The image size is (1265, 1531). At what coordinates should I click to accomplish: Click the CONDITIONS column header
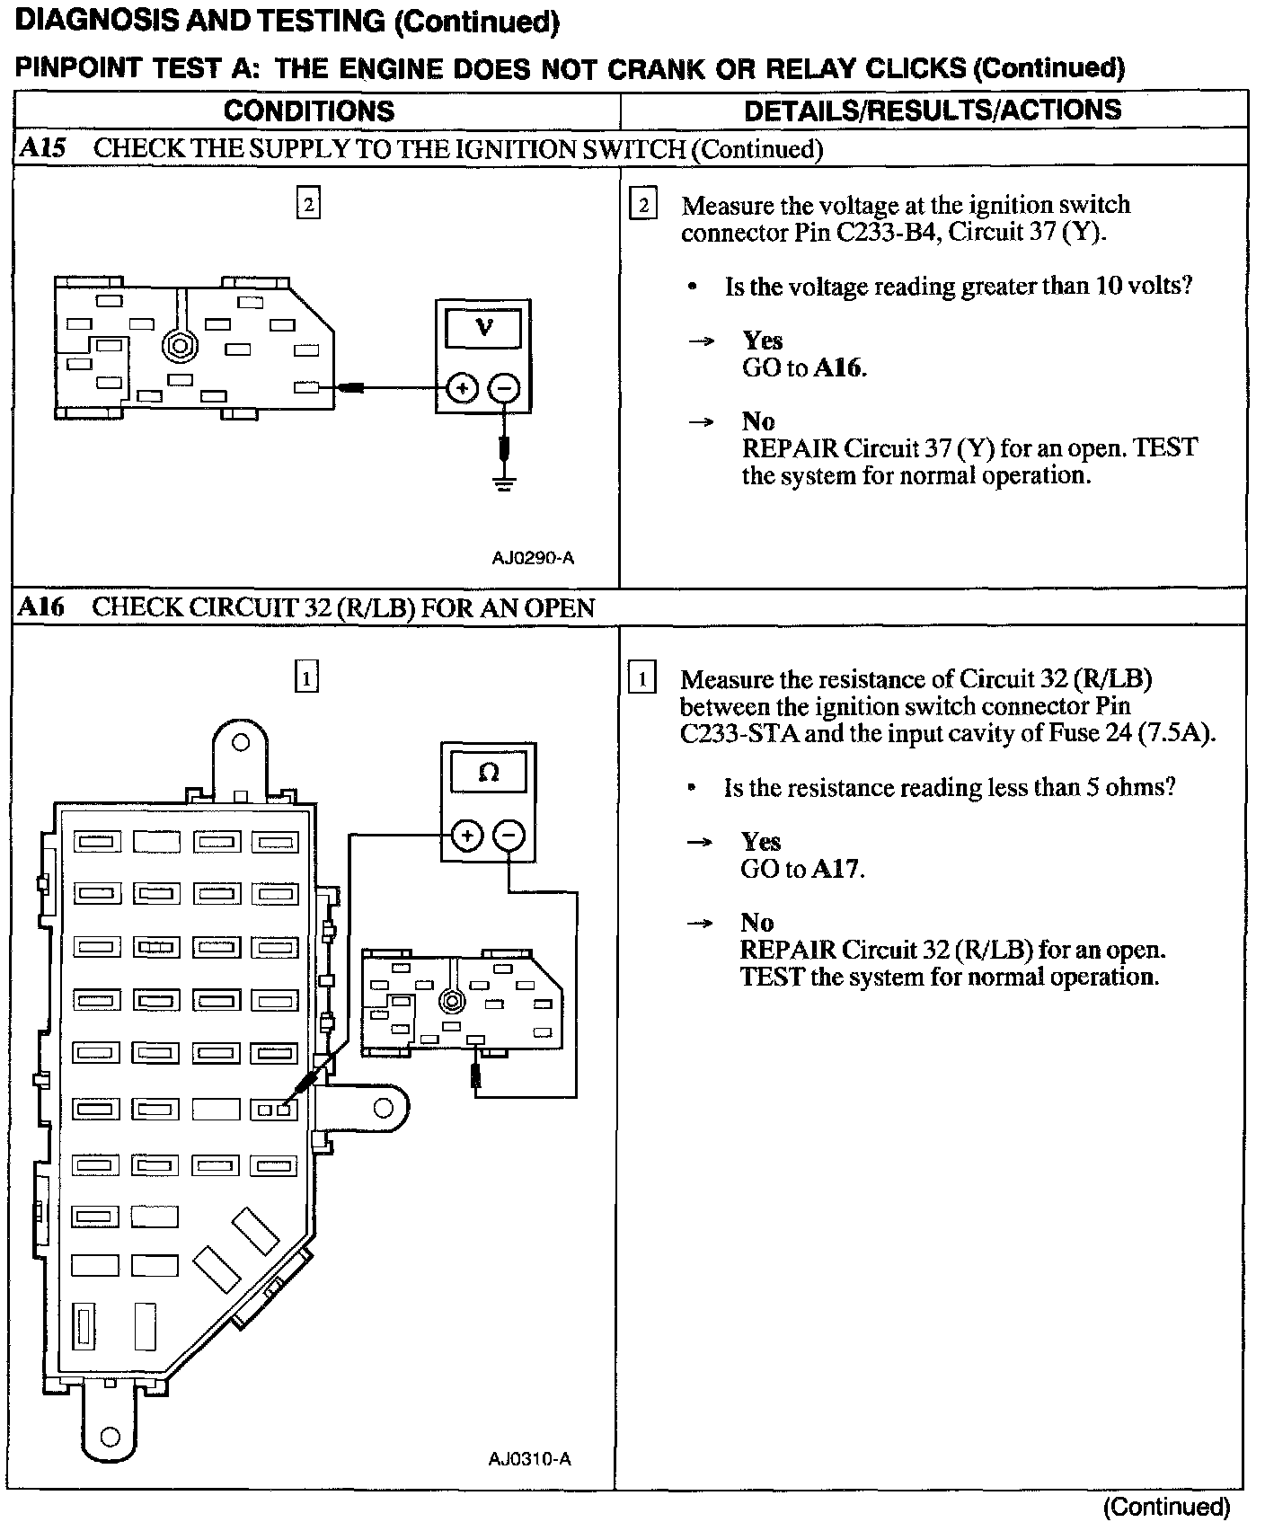tap(309, 111)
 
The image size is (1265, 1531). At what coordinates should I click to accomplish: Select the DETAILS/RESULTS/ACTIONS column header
tap(933, 110)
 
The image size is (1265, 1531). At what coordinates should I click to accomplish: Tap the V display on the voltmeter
tap(483, 328)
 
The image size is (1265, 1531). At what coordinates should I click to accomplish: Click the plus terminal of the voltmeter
tap(462, 389)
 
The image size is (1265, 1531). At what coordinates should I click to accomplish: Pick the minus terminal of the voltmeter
tap(503, 389)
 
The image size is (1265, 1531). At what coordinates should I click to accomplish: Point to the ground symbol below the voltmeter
tap(504, 486)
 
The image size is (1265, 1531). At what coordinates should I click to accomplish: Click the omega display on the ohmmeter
tap(489, 773)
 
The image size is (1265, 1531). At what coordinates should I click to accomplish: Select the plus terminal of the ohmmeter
tap(467, 836)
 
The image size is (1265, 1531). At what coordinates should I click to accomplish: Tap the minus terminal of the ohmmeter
tap(509, 836)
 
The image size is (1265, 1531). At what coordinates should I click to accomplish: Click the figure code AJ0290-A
tap(533, 558)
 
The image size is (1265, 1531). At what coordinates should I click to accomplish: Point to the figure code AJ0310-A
tap(530, 1458)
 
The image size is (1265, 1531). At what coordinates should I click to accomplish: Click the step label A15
tap(41, 148)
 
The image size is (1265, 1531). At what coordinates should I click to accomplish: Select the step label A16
tap(41, 607)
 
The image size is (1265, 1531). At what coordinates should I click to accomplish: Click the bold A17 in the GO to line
tap(836, 869)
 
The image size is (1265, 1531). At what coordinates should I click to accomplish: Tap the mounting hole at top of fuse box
tap(240, 743)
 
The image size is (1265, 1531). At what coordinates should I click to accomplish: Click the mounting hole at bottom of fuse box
tap(111, 1436)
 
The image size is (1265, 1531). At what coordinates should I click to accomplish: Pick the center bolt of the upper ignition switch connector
tap(180, 344)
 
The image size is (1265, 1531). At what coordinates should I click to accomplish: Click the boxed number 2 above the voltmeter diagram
tap(308, 205)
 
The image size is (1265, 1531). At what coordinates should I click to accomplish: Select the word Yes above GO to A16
tap(762, 341)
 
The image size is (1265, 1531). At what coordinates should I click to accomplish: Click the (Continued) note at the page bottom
tap(1165, 1507)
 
